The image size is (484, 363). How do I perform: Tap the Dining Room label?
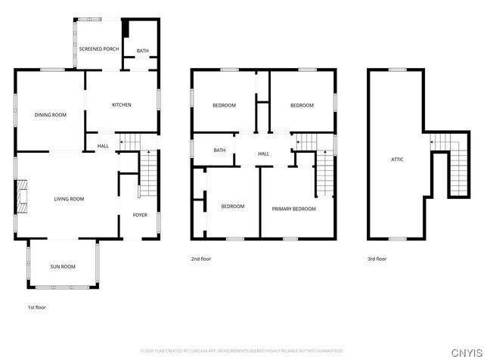[51, 115]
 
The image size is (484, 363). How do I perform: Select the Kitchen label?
[122, 105]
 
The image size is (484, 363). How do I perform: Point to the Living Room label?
[69, 199]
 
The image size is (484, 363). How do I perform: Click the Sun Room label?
[63, 266]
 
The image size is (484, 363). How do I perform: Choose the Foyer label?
[140, 215]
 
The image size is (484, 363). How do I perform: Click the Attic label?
[396, 160]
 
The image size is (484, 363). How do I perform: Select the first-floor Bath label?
[142, 51]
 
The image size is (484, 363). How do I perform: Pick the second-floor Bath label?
[219, 150]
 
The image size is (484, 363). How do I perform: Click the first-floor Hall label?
[103, 147]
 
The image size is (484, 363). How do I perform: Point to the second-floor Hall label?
[263, 154]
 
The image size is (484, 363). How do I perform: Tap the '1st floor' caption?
[36, 308]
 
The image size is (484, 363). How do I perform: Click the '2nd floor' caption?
[201, 259]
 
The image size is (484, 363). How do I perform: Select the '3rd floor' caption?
[377, 259]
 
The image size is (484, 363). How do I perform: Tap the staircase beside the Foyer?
[148, 172]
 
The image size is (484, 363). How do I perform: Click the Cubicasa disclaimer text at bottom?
[241, 351]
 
